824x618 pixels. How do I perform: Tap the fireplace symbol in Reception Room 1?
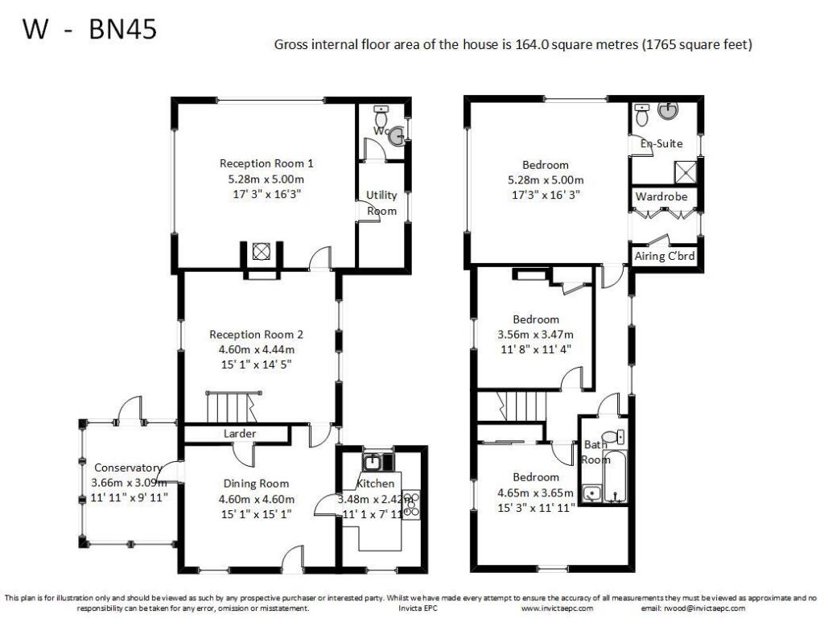pyautogui.click(x=260, y=252)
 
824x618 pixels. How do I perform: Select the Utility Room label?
pyautogui.click(x=381, y=203)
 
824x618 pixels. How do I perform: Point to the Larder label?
pyautogui.click(x=240, y=434)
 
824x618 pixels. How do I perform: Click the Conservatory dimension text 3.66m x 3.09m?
pyautogui.click(x=130, y=483)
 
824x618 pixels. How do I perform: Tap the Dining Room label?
pyautogui.click(x=256, y=484)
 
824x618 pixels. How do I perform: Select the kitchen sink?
pyautogui.click(x=373, y=462)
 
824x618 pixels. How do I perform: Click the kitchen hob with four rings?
pyautogui.click(x=412, y=504)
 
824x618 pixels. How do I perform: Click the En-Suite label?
pyautogui.click(x=661, y=144)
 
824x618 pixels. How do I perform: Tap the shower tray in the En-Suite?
pyautogui.click(x=686, y=171)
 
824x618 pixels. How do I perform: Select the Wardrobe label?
pyautogui.click(x=665, y=196)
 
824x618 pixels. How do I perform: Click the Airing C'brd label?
pyautogui.click(x=664, y=257)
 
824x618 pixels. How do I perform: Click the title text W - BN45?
pyautogui.click(x=89, y=30)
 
